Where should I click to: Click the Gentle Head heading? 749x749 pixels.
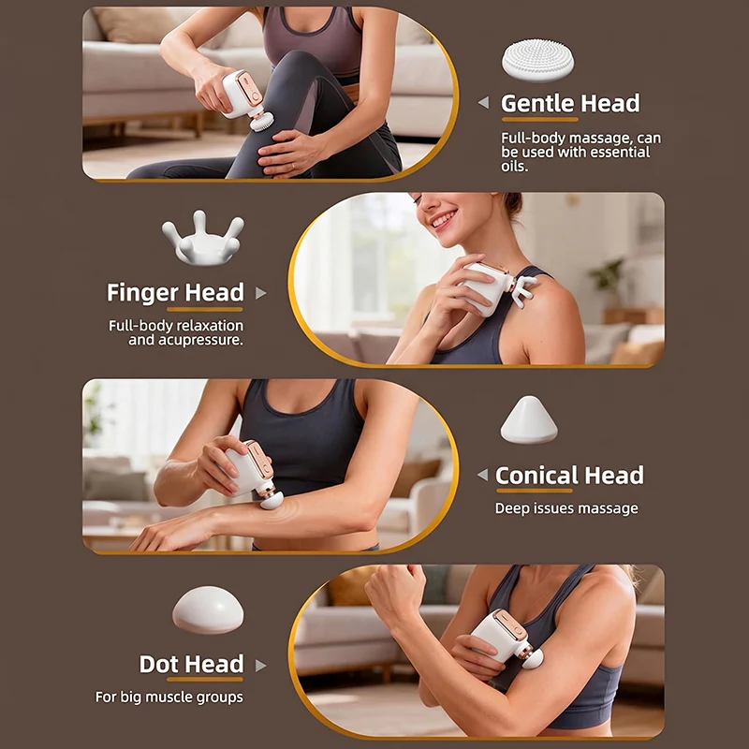point(570,103)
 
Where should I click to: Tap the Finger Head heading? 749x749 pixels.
point(175,292)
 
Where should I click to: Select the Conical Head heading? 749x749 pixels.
point(569,476)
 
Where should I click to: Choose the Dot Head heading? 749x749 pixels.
point(192,664)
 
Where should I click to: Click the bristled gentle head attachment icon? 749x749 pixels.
point(537,60)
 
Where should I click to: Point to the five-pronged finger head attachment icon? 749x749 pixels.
point(203,238)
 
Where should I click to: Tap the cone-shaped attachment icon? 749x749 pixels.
point(529,419)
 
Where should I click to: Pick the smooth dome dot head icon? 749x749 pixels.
point(208,610)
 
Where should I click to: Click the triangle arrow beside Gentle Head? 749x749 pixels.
point(483,102)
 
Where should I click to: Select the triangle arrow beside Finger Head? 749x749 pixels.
point(260,293)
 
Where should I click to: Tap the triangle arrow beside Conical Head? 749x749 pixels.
point(482,475)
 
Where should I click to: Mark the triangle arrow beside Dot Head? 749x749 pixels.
point(260,666)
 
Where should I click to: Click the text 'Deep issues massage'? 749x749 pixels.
point(566,508)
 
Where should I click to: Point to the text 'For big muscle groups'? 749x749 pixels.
point(169,697)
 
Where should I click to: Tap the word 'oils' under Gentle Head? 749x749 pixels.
point(513,167)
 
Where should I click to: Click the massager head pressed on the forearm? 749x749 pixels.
point(272,499)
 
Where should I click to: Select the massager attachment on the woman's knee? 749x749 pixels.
point(262,122)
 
